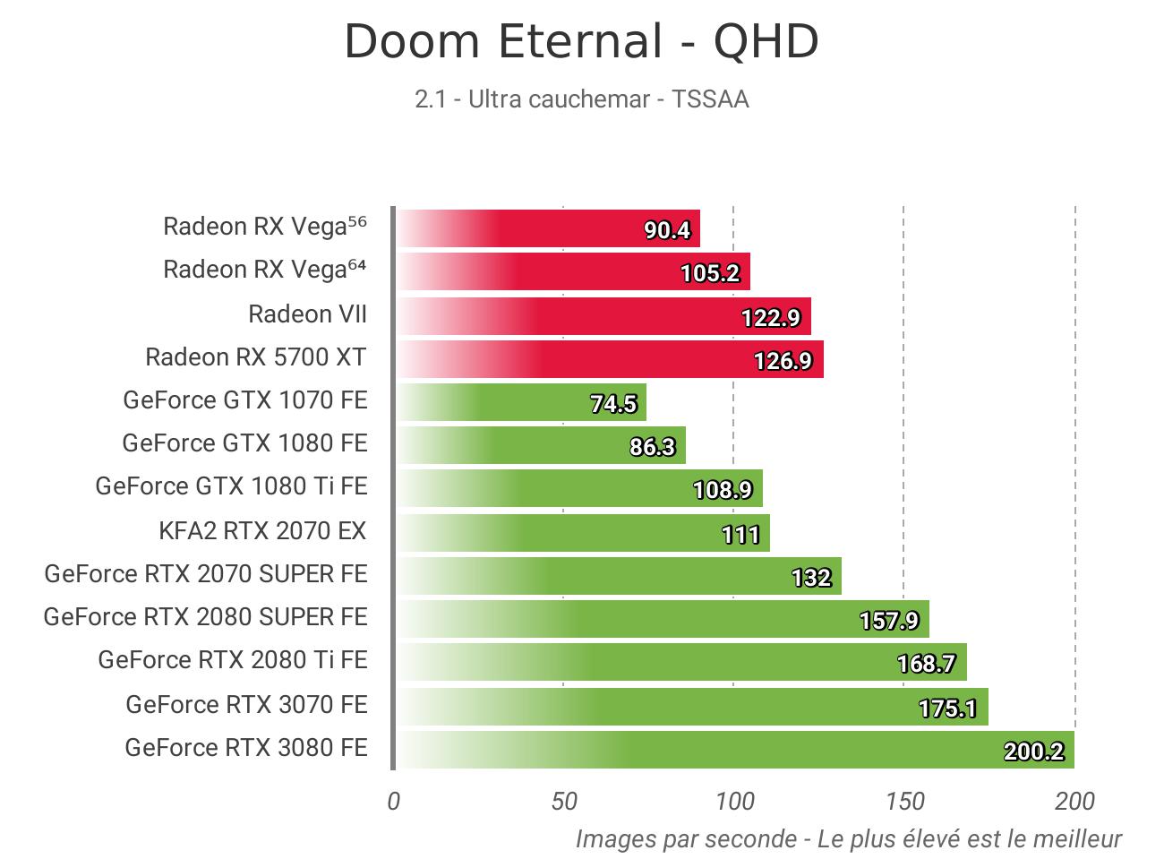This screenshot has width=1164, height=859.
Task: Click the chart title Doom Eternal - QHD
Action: [x=581, y=42]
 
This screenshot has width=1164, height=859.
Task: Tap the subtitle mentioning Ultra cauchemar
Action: [x=581, y=99]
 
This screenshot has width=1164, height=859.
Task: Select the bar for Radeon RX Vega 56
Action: [x=548, y=228]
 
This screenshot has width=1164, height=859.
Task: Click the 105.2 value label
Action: [x=710, y=273]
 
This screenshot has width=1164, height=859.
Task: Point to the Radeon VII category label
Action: [x=307, y=314]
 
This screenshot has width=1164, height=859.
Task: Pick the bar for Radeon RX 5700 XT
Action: [x=610, y=359]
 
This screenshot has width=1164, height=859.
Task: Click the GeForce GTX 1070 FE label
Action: [x=245, y=399]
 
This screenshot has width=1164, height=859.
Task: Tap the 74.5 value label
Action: [x=613, y=404]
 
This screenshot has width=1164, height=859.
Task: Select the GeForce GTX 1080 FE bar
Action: [x=541, y=445]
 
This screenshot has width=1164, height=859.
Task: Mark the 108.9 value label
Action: [x=723, y=490]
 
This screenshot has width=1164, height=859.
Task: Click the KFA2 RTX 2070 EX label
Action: [x=262, y=531]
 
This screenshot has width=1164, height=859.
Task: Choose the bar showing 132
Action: [x=618, y=576]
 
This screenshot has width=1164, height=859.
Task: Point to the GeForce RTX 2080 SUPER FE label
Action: [x=205, y=617]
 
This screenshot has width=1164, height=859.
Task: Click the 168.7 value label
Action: [x=926, y=664]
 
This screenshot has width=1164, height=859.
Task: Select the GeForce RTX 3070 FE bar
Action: [x=691, y=707]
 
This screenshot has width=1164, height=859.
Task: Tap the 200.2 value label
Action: [x=1033, y=752]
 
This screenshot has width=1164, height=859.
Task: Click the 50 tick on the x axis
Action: [x=564, y=802]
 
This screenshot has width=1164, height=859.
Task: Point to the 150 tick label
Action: [x=904, y=802]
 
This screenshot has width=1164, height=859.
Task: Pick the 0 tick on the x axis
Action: [x=394, y=802]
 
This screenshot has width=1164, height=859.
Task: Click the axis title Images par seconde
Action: [x=848, y=839]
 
